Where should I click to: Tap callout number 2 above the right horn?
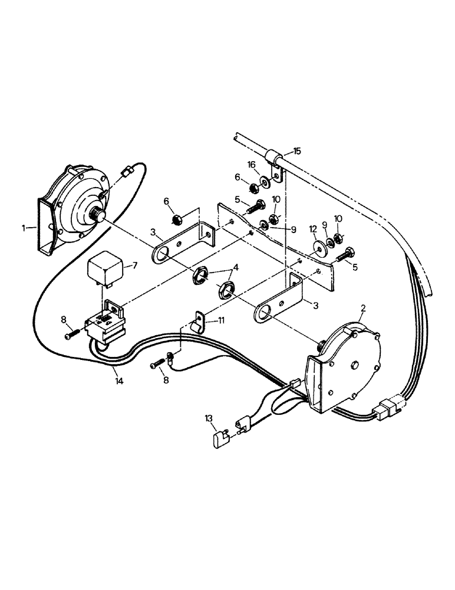(364, 309)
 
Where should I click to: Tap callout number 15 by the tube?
(297, 151)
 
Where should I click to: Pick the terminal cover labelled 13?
(220, 438)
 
